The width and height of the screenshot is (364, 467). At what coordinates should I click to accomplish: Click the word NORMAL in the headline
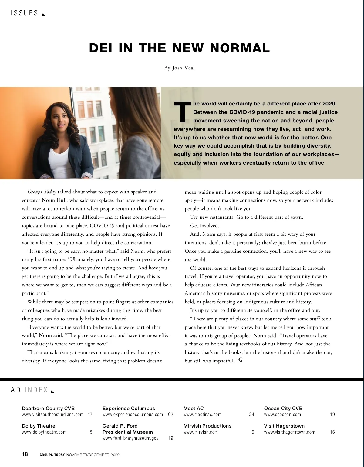(x=240, y=48)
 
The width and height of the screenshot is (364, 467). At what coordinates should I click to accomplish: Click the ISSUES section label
(x=24, y=13)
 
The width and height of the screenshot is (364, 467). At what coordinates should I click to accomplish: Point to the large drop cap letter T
(x=183, y=112)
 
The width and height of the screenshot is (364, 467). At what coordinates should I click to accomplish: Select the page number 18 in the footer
(x=25, y=454)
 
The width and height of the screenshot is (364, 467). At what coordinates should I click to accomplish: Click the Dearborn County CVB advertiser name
(x=48, y=408)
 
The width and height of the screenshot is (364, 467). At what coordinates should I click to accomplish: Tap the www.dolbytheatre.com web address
(x=44, y=432)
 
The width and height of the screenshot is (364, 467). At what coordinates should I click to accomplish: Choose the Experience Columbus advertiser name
(x=129, y=408)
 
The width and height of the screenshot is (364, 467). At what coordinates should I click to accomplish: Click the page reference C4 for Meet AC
(x=251, y=415)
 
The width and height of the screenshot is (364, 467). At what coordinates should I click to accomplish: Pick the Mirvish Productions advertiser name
(x=207, y=426)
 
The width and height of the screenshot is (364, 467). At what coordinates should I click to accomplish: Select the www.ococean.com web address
(x=282, y=415)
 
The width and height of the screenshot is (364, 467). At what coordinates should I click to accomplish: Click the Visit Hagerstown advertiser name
(x=284, y=426)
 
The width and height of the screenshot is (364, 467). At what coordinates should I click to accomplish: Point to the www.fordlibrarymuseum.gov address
(x=130, y=438)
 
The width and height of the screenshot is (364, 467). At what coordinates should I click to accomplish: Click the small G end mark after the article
(x=240, y=360)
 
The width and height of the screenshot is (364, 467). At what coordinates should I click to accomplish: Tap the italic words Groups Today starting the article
(x=42, y=192)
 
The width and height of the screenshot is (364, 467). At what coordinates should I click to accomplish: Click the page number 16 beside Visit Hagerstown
(x=332, y=432)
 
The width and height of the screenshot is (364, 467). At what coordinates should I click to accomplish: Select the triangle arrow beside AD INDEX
(x=52, y=391)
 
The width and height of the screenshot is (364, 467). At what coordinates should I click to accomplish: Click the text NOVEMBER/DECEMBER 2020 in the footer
(x=93, y=455)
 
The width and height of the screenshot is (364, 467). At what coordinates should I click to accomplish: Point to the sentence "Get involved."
(x=204, y=226)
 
